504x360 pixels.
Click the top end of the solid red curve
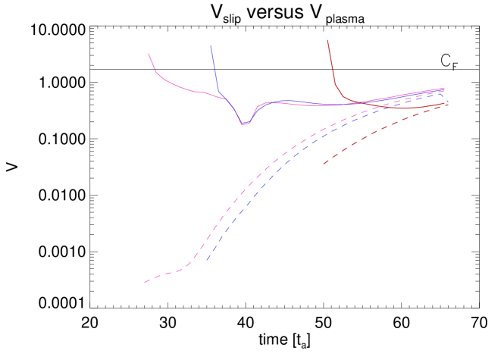pos(327,40)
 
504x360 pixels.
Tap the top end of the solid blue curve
pos(211,45)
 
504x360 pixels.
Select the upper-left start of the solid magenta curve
pos(149,54)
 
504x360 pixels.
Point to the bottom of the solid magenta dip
pos(243,124)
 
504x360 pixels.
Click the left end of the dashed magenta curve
pos(145,283)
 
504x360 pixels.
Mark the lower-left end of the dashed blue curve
pos(207,261)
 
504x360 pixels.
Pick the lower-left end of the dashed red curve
pos(324,164)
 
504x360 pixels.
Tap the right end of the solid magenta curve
pos(444,88)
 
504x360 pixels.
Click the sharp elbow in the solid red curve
pos(335,84)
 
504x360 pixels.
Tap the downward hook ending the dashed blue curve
pos(443,95)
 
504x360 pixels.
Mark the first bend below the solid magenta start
pos(156,72)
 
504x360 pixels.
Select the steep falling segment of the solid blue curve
pos(214,72)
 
